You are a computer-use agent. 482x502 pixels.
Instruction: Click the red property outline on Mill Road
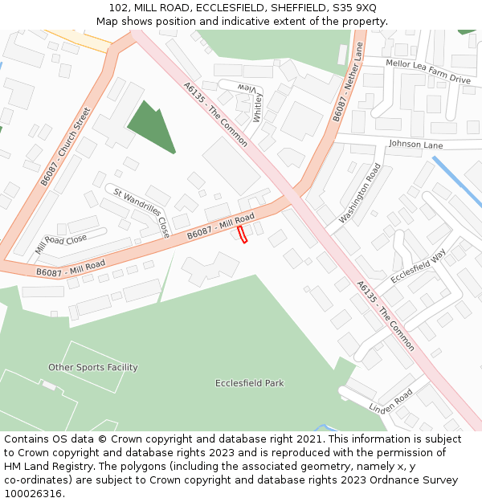click(243, 234)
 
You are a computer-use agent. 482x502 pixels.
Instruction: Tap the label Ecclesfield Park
click(249, 383)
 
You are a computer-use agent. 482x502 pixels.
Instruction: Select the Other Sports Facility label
click(93, 367)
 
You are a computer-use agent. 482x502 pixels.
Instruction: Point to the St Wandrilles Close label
click(141, 212)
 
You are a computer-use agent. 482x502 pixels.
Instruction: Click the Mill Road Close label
click(61, 244)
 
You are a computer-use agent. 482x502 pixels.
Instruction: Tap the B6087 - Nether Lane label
click(349, 82)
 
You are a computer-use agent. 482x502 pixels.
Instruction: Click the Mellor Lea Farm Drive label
click(427, 71)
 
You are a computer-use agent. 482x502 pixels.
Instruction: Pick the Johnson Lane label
click(415, 145)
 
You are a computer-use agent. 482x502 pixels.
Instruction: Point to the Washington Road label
click(359, 194)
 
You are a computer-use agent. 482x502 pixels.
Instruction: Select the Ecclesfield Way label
click(418, 267)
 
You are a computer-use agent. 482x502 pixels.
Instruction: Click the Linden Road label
click(390, 402)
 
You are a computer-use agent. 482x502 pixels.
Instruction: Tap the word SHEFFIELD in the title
click(292, 7)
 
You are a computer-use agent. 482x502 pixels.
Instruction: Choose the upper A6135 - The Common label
click(215, 114)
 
